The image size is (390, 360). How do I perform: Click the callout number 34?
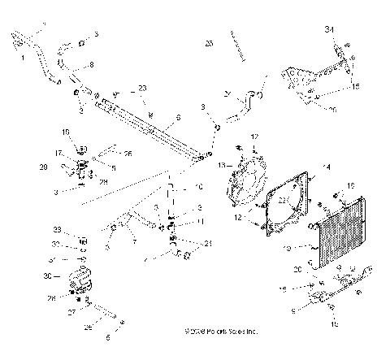(x=330, y=30)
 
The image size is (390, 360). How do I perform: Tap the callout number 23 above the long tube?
(x=142, y=88)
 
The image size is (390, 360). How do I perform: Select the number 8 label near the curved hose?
(x=90, y=63)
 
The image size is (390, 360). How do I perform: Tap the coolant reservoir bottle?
(x=81, y=280)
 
